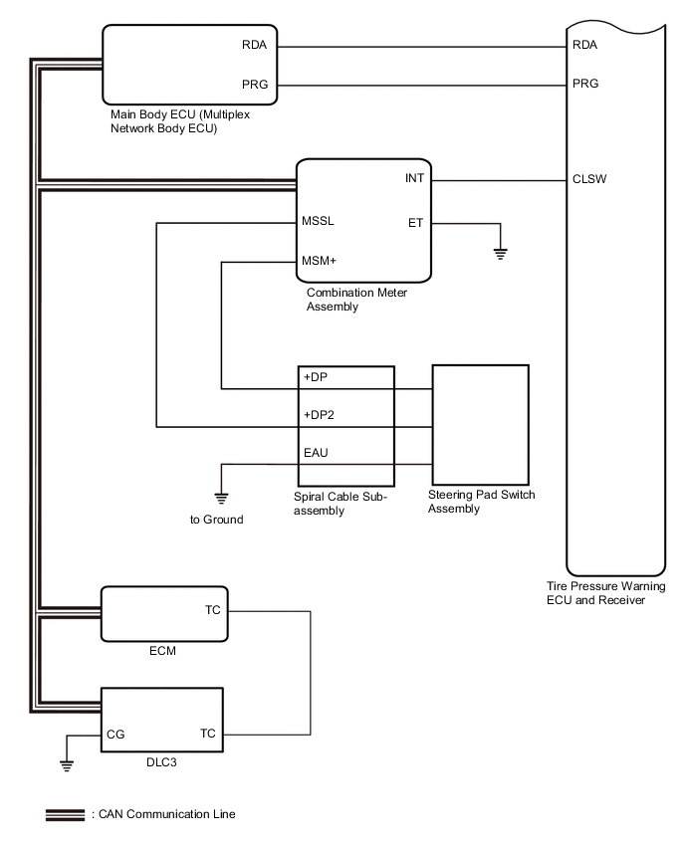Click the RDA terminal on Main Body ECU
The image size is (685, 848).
255,45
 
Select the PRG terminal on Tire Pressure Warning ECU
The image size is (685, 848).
585,84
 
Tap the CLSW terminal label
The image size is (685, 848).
590,180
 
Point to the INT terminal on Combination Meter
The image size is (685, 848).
414,180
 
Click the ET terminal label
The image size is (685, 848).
415,222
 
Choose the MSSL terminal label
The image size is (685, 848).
319,222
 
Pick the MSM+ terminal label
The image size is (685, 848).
320,262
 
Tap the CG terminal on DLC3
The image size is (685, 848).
115,734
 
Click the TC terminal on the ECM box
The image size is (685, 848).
213,610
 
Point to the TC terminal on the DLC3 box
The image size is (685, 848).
208,734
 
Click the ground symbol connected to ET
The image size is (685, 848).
501,253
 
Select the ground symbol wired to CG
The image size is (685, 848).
67,765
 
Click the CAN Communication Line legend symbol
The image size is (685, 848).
65,815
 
